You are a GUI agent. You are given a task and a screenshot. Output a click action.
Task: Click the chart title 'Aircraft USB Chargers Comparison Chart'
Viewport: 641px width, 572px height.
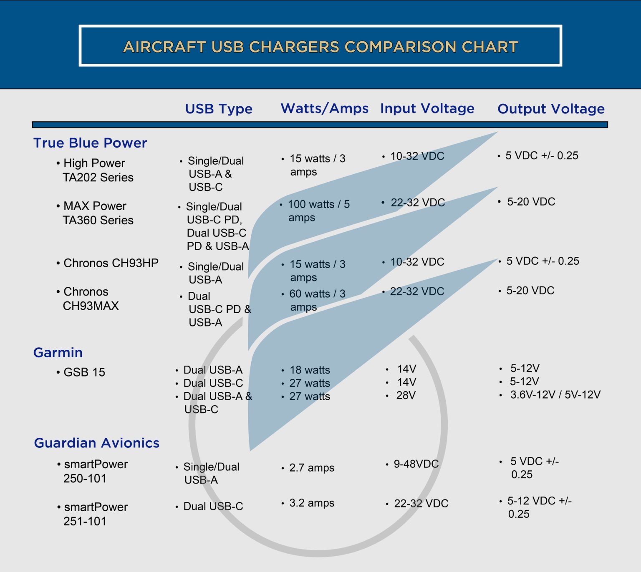click(x=320, y=47)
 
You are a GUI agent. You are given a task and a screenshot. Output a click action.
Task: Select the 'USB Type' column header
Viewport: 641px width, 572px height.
click(x=219, y=109)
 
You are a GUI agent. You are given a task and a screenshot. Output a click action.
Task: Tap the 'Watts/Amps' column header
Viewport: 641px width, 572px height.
click(x=324, y=108)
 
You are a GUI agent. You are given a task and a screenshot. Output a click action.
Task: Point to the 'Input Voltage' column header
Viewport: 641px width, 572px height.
click(x=427, y=108)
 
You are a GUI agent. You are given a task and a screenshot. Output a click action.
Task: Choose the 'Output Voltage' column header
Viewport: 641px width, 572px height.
click(x=551, y=109)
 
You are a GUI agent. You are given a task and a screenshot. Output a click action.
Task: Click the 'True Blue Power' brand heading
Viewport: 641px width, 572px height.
click(x=90, y=143)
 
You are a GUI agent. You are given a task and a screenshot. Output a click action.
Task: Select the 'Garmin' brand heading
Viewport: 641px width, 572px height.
click(x=58, y=353)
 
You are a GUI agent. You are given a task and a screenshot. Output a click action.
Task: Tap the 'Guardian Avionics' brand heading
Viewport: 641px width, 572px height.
click(x=97, y=443)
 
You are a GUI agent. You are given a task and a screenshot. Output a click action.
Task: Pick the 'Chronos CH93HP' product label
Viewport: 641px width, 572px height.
click(x=111, y=263)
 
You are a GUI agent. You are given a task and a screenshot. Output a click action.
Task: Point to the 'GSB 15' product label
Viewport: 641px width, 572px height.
click(x=84, y=372)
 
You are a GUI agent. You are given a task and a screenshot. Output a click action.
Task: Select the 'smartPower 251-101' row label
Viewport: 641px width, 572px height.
click(x=95, y=514)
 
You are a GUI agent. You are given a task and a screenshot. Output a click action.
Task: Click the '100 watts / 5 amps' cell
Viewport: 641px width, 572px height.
click(x=318, y=211)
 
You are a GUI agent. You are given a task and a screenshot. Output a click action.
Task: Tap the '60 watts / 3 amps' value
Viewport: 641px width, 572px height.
click(x=317, y=300)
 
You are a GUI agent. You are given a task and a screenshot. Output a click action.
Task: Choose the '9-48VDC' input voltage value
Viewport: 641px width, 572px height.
click(x=416, y=464)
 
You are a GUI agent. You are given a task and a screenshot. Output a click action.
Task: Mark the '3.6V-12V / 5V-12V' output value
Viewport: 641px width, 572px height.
click(x=555, y=395)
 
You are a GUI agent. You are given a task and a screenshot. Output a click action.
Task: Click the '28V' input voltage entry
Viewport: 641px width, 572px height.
click(x=406, y=395)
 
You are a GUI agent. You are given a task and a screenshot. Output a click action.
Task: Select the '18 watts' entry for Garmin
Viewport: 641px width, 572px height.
click(x=310, y=370)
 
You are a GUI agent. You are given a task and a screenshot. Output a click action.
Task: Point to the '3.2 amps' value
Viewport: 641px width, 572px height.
click(x=311, y=503)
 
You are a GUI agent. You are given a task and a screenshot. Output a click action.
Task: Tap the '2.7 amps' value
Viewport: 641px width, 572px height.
click(x=311, y=468)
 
